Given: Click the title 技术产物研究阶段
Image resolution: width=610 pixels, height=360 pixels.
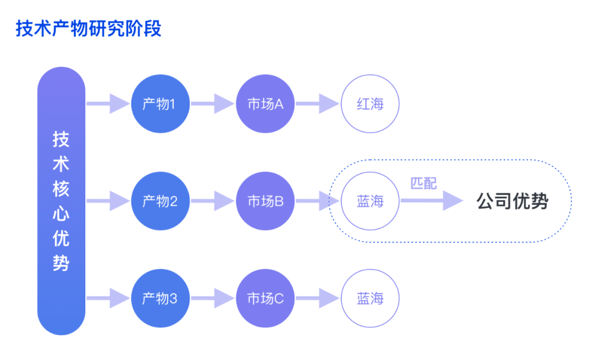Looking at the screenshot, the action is [x=88, y=29].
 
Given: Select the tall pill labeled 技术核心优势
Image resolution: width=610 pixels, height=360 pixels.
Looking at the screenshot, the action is [x=61, y=201].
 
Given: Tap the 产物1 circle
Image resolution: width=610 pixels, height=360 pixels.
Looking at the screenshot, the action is [x=160, y=103].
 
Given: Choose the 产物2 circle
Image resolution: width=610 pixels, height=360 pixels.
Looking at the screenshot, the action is [x=160, y=201].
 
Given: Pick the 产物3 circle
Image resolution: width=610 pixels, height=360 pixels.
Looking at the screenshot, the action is [x=160, y=298].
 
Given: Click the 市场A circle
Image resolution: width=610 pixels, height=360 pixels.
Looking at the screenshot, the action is [x=265, y=103].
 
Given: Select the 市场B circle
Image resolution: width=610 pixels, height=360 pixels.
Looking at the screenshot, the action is [x=265, y=201].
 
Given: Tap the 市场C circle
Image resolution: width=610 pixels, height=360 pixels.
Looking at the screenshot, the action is [x=265, y=298].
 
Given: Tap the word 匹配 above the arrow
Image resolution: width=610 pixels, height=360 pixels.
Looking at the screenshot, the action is [x=424, y=183].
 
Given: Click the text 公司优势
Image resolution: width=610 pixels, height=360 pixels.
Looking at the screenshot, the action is [x=512, y=201].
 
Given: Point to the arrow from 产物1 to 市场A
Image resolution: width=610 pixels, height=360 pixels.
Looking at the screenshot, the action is [x=212, y=103].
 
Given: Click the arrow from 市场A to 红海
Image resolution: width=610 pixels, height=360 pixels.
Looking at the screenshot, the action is [x=317, y=103].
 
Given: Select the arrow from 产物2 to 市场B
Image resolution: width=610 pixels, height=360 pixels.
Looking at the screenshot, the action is [x=212, y=201].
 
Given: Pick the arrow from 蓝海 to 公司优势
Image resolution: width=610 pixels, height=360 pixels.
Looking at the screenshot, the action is [x=432, y=201].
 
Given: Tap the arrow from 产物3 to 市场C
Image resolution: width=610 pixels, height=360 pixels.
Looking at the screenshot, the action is [x=212, y=298].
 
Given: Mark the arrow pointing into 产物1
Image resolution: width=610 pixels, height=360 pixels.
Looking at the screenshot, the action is [x=108, y=103].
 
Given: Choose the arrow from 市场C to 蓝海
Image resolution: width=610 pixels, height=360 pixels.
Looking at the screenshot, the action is [x=317, y=298].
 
